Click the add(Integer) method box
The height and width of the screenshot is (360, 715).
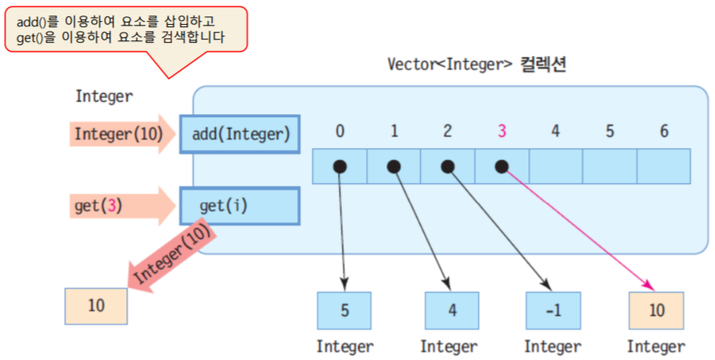click(x=240, y=134)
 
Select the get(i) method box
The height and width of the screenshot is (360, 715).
click(x=240, y=206)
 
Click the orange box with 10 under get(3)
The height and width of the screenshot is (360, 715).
click(x=96, y=305)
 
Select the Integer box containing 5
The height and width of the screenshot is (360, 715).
click(x=344, y=310)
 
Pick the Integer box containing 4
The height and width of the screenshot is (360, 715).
click(x=451, y=310)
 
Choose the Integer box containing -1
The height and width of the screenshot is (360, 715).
click(x=552, y=310)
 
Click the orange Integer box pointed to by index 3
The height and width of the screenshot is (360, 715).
click(x=657, y=310)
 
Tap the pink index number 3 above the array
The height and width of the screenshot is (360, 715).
click(x=502, y=131)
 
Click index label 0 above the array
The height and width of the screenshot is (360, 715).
click(x=340, y=131)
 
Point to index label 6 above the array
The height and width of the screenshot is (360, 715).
click(x=664, y=131)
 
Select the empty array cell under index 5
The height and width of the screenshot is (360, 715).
click(x=610, y=166)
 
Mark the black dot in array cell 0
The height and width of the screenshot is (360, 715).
click(x=340, y=166)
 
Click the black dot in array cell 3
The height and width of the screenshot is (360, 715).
click(x=502, y=166)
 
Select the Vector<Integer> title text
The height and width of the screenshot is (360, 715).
click(x=476, y=64)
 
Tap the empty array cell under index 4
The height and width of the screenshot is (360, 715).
click(x=555, y=166)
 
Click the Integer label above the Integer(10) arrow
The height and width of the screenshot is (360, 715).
click(x=104, y=97)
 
